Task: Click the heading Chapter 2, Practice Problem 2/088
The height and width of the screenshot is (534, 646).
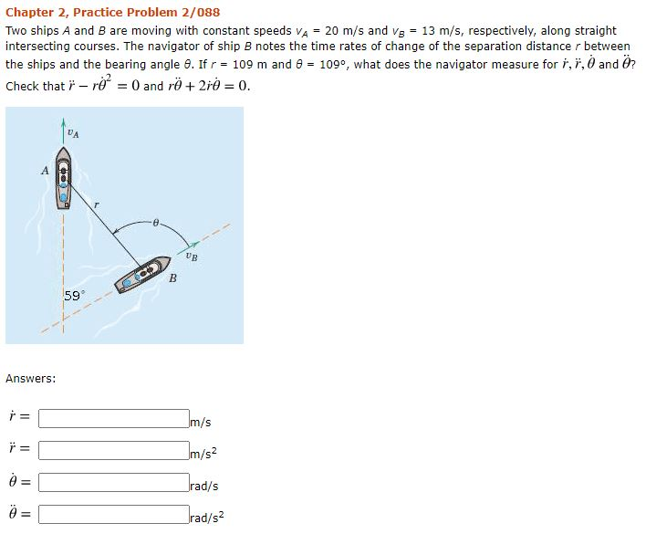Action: (112, 13)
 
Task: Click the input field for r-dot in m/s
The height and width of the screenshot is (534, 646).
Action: (113, 420)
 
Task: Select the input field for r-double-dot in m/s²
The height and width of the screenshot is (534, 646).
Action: (113, 452)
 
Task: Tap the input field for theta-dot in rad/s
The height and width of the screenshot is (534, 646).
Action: (113, 484)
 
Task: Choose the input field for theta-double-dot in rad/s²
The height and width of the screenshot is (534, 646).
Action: (113, 515)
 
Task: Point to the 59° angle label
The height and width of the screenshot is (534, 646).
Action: (74, 295)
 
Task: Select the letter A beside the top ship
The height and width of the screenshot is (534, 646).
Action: (44, 170)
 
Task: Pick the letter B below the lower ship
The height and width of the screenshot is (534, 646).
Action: (172, 278)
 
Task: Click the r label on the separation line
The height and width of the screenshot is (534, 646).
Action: (95, 205)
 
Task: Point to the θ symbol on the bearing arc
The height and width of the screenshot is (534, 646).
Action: (157, 221)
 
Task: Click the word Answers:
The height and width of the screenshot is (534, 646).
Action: (31, 378)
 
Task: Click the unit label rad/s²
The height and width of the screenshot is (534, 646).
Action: (206, 518)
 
